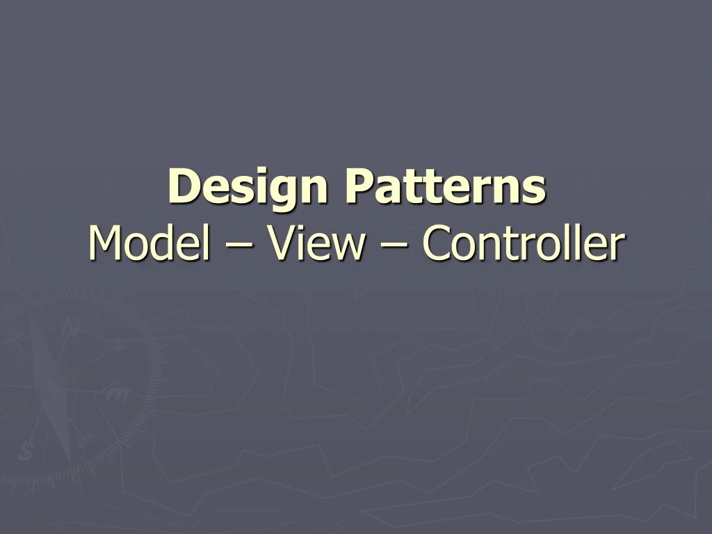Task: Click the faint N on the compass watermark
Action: [x=70, y=327]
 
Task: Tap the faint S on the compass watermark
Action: [x=26, y=453]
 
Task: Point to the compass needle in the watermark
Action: [x=52, y=389]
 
